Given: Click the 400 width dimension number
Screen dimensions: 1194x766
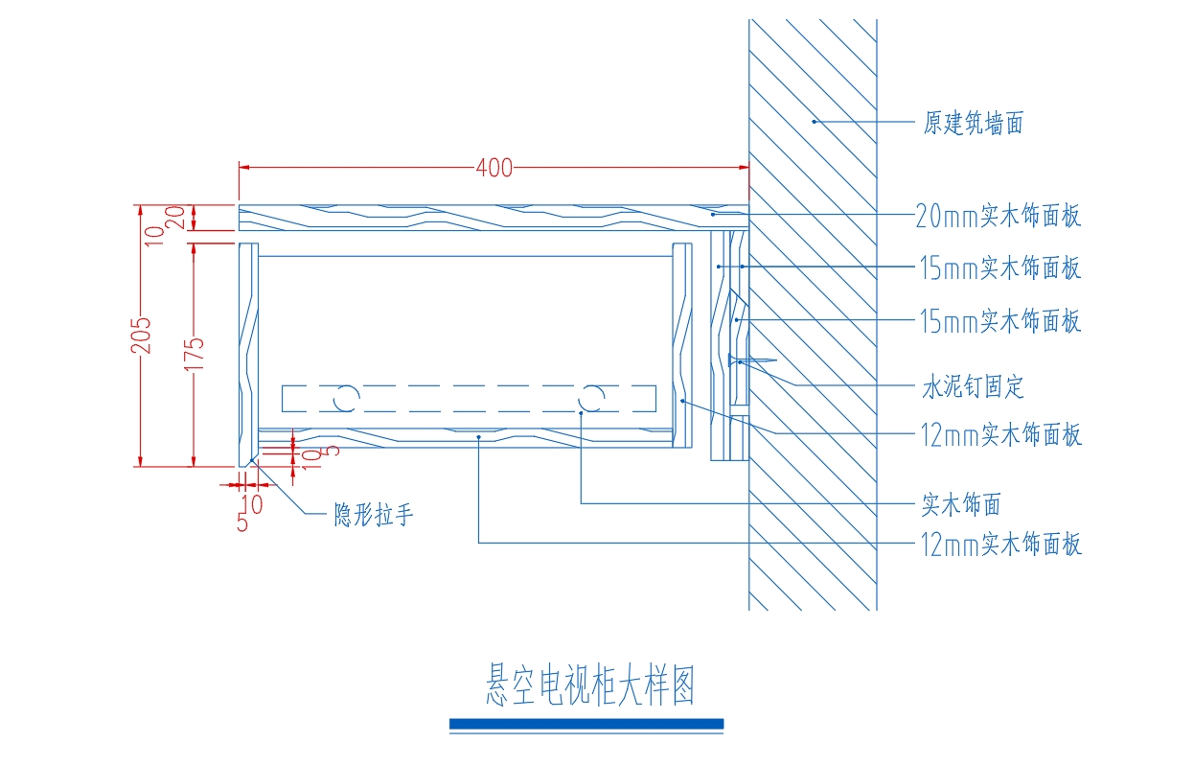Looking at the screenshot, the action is (x=494, y=168).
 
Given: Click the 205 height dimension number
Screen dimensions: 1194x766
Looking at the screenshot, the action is (x=141, y=336).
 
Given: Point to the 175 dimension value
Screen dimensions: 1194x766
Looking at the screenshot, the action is (x=194, y=354).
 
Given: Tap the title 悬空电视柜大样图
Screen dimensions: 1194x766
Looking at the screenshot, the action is (x=589, y=685).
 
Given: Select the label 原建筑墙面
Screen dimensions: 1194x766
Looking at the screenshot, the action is (x=974, y=124).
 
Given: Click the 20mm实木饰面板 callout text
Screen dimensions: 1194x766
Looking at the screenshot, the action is (x=998, y=216).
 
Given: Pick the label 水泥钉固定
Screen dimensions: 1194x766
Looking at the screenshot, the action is (x=973, y=386).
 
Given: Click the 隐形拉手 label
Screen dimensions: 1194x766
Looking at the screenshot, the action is (x=373, y=515).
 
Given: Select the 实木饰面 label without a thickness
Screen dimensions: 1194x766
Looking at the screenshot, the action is (x=961, y=504).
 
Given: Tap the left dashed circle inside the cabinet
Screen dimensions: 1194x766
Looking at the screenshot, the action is (x=347, y=398).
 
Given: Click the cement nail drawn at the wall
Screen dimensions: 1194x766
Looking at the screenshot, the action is (x=751, y=360).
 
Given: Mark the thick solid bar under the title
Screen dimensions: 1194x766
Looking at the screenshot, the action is (x=586, y=724).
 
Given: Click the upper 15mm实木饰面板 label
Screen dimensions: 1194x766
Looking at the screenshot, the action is (x=1000, y=267).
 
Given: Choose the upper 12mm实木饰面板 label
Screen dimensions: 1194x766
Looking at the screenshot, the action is (x=1001, y=434).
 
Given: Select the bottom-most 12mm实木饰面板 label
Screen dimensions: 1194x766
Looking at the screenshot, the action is (x=1001, y=545).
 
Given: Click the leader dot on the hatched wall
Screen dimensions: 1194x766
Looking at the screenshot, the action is (x=814, y=122).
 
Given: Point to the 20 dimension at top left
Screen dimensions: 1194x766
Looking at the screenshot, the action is (x=176, y=218).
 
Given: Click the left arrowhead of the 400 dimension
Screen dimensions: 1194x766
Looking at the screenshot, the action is (x=244, y=168).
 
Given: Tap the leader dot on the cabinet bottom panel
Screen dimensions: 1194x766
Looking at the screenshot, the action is (x=479, y=437).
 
